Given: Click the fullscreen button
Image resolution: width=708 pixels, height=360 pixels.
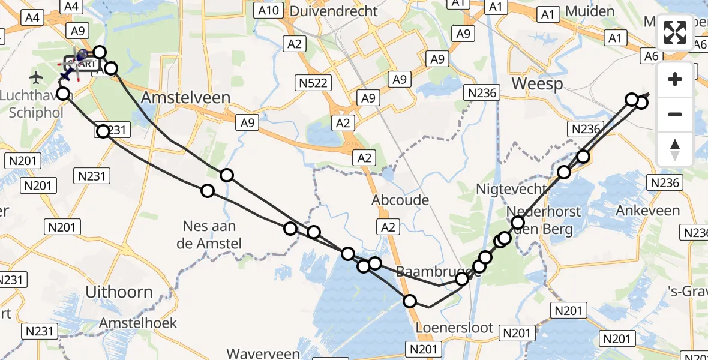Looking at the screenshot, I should (675, 32).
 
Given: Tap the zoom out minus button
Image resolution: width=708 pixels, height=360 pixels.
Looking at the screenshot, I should (675, 114).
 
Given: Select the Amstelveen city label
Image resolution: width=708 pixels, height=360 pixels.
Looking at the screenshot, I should (186, 98).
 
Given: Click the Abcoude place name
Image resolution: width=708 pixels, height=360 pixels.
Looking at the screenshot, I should (400, 199).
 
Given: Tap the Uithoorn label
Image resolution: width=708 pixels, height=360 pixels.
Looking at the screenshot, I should (119, 292).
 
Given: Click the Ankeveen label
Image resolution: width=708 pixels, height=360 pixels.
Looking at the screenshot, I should (648, 211).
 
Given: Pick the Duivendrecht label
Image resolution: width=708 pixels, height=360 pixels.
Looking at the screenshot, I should (334, 11).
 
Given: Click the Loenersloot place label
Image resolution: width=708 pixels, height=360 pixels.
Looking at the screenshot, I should (455, 328).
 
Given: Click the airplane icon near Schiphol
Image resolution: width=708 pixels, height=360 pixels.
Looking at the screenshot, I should (37, 77).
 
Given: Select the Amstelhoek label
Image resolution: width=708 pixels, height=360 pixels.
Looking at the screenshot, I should (139, 323).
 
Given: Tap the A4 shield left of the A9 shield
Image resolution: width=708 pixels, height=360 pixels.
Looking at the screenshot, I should (33, 18).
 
